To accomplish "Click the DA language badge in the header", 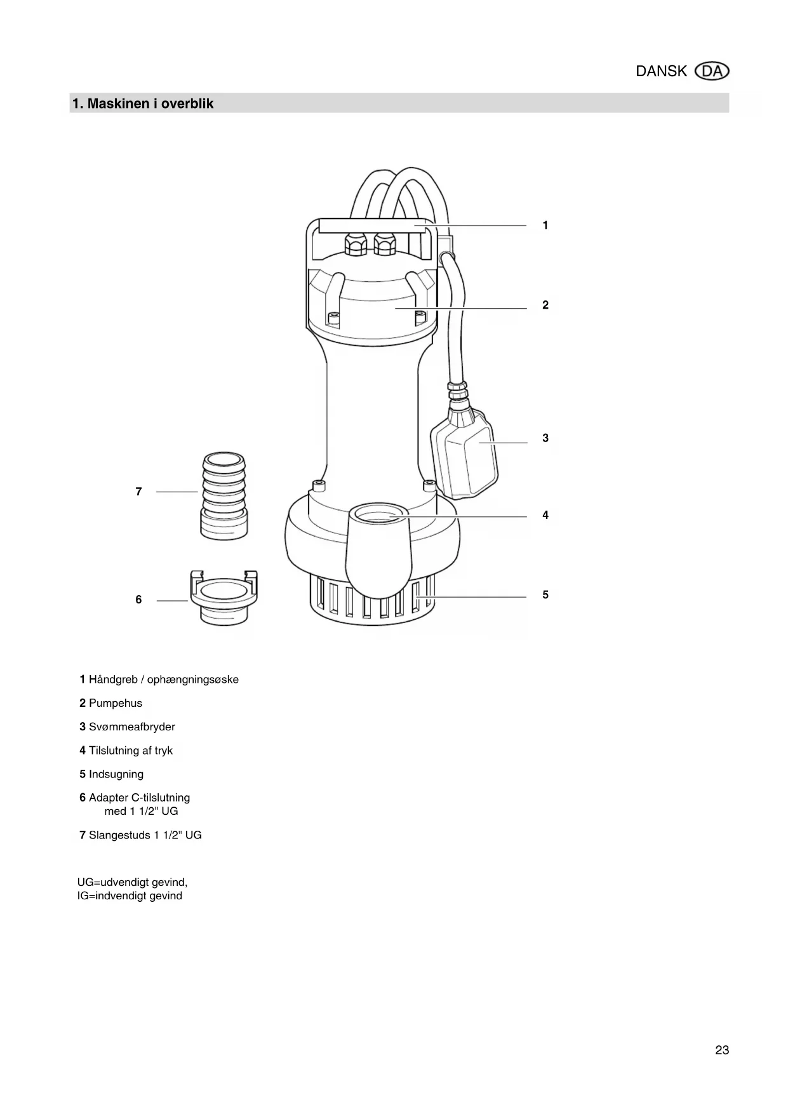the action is (x=712, y=71).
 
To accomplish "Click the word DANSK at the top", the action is (x=661, y=71).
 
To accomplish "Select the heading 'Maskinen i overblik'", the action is (x=150, y=104).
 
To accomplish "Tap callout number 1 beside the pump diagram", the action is (x=545, y=225).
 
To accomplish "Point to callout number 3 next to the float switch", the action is (x=545, y=438).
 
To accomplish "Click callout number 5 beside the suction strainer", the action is (x=545, y=595).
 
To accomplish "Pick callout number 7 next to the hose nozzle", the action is (x=138, y=492).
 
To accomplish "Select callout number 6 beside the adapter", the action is (x=138, y=600).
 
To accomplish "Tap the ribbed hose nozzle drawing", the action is (x=224, y=495).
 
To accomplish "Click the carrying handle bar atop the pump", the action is (x=371, y=226).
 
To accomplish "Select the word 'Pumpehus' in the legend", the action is (x=116, y=703).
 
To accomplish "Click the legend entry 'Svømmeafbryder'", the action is (x=131, y=727).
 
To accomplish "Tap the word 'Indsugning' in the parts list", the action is (x=116, y=774).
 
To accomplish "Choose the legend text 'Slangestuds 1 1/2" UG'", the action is (x=145, y=835).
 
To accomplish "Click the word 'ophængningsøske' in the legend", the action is (x=193, y=680).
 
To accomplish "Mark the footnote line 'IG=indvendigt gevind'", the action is (x=130, y=896).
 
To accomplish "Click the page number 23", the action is (x=722, y=1050).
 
